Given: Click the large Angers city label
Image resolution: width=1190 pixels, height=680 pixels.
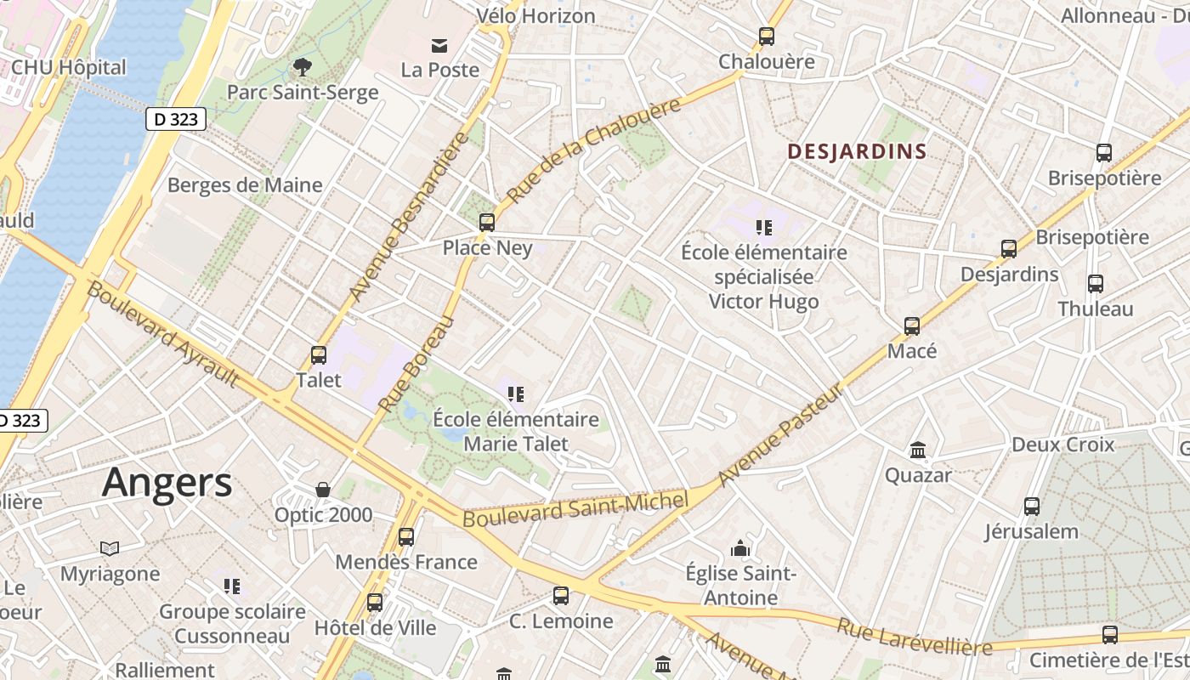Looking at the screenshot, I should [x=167, y=483].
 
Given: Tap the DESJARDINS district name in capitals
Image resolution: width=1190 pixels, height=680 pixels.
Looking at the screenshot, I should [x=856, y=152].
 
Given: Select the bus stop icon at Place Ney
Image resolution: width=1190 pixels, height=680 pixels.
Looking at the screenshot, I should [x=487, y=223].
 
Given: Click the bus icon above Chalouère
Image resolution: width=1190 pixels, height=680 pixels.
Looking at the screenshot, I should [x=767, y=37].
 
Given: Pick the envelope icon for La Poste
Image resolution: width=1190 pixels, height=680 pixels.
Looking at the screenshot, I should [x=439, y=45].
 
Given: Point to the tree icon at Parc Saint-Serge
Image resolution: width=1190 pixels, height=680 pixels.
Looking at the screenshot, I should [x=302, y=66].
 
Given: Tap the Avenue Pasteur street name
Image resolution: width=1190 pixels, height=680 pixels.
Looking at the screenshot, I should [x=782, y=434].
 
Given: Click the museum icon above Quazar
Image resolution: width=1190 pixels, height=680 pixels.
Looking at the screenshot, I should [x=918, y=450].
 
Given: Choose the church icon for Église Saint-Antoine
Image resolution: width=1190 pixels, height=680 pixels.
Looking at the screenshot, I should [x=741, y=548].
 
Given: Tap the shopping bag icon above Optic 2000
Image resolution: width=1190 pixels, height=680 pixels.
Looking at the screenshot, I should [x=323, y=490].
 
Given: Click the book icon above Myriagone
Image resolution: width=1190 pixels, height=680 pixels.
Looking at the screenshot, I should [x=110, y=548].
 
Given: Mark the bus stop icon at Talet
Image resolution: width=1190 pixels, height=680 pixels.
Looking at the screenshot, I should [x=319, y=355].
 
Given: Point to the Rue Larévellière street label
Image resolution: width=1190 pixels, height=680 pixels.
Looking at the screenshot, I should [x=914, y=637].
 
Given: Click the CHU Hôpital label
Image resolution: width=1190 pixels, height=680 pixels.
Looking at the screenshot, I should [x=69, y=67].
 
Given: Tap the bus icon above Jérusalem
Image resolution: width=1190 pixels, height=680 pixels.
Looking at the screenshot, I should [x=1032, y=507].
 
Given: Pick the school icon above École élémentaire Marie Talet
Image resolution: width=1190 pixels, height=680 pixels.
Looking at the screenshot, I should [x=516, y=394].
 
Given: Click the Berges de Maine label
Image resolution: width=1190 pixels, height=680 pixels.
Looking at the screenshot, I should [x=245, y=185].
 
